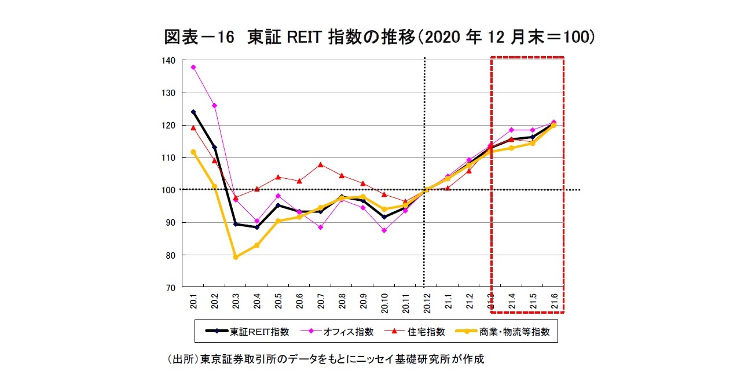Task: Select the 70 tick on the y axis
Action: [170, 287]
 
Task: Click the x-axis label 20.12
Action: [427, 302]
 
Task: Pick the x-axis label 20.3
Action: [236, 302]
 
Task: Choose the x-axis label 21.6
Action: [554, 302]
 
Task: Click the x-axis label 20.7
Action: [321, 302]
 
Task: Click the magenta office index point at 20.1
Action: [193, 67]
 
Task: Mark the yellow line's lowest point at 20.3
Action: [236, 257]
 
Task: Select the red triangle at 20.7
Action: [321, 165]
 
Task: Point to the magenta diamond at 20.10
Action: [384, 230]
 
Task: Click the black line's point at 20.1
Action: [193, 112]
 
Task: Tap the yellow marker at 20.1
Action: [193, 152]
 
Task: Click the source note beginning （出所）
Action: [325, 359]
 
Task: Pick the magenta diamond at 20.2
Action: [214, 105]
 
